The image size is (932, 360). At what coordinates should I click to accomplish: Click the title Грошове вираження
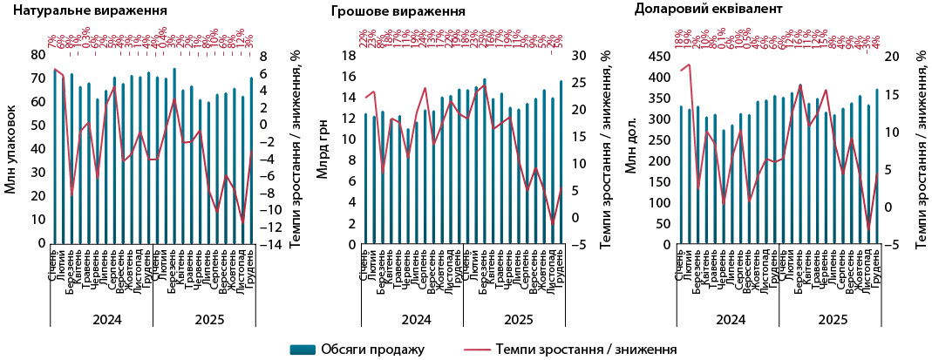pos(398,11)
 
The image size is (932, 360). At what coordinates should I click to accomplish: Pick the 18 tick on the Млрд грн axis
pos(346,54)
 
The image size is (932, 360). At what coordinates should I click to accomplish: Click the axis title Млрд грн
pos(322,149)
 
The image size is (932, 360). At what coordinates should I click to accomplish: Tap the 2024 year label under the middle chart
pos(416,320)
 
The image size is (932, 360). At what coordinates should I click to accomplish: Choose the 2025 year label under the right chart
pos(827,320)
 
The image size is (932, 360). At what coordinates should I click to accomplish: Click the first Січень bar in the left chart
pos(55,157)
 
